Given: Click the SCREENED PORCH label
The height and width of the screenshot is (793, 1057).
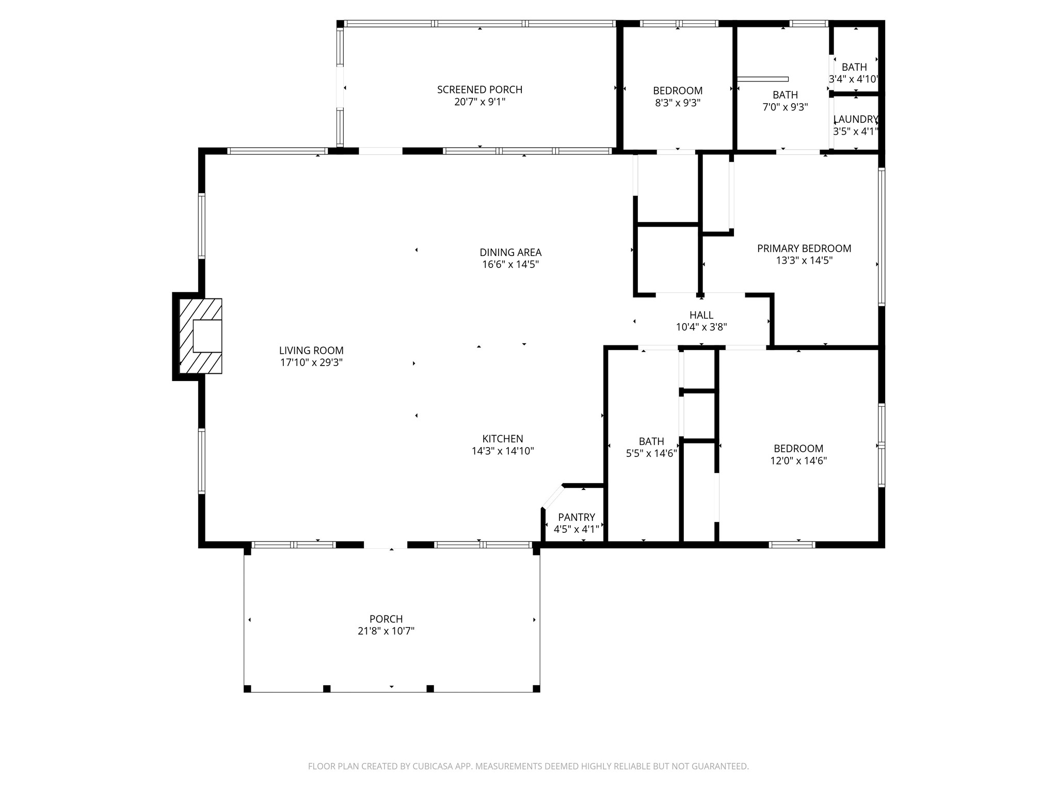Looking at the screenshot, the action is coord(479,90).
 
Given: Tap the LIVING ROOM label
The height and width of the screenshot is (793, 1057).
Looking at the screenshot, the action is coord(311,351).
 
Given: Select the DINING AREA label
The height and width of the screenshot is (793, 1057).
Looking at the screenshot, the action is coord(510,252).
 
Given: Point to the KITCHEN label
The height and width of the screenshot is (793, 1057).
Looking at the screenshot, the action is coord(503,439).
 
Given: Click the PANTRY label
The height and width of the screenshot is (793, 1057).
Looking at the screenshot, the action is coord(576,517).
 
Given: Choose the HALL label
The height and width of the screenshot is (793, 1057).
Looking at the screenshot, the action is coord(701,315).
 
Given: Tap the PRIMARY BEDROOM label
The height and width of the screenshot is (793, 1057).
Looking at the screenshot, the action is coord(804,248).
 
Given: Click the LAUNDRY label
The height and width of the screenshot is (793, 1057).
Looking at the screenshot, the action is coord(856,119).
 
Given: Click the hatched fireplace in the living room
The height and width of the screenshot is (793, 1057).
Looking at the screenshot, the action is coord(201,336).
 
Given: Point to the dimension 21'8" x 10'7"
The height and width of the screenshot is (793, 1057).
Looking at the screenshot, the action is coord(386,631).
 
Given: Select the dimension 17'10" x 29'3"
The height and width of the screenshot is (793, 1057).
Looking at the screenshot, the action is coord(311,362).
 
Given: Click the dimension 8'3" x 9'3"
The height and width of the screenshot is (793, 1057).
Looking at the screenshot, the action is coord(678,103).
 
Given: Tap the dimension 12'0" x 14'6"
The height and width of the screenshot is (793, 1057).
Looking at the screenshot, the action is coord(798,461).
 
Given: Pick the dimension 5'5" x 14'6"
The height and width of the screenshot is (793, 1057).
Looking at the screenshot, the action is coord(651,454).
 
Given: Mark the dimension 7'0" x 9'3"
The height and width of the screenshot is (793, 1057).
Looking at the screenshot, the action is coord(785,107).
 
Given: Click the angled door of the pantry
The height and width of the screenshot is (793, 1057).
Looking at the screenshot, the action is coord(552,497).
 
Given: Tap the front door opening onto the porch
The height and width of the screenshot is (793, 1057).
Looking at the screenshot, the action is coord(386,545).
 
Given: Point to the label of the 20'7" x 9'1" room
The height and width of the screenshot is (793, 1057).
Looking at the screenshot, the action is coord(479,90).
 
